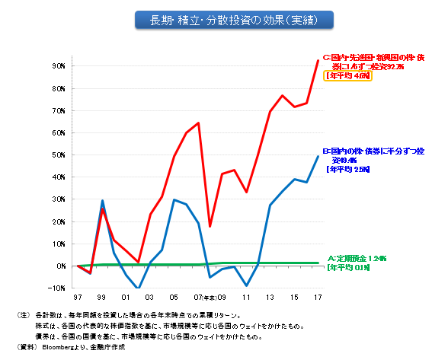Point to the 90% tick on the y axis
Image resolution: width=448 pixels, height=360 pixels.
(58, 66)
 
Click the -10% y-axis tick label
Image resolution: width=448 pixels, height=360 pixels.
(56, 288)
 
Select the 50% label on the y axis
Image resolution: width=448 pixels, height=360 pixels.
(58, 155)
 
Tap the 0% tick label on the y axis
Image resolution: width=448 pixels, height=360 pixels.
(60, 266)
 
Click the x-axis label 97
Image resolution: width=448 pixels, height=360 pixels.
(78, 298)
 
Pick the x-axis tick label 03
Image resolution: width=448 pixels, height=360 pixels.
(150, 298)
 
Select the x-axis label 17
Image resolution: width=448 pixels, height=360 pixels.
(317, 298)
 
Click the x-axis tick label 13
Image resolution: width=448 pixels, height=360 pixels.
(270, 298)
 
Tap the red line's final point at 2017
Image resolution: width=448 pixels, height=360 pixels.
(318, 60)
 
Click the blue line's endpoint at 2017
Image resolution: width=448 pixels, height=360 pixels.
(318, 156)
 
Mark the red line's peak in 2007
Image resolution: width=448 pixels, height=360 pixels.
(198, 123)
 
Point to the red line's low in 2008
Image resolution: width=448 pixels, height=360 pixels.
(210, 227)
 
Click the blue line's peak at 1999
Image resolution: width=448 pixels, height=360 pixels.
(103, 201)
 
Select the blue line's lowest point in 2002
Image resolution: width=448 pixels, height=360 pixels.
(139, 288)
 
